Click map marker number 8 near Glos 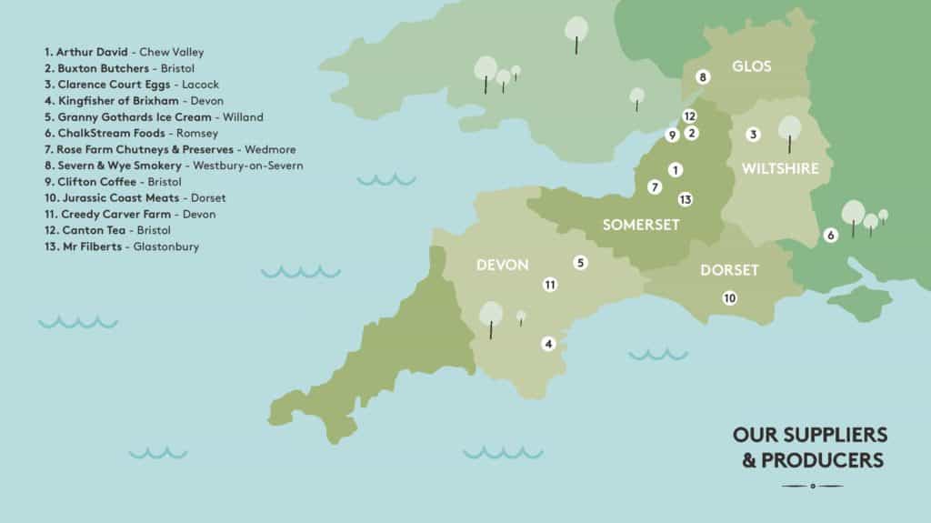(x=702, y=77)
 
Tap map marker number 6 (x=830, y=235)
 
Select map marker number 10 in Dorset (x=728, y=297)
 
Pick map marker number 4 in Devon (x=547, y=343)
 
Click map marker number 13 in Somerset (x=685, y=199)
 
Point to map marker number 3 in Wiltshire (x=753, y=135)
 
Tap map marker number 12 (x=689, y=116)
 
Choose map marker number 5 (x=580, y=263)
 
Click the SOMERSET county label (x=641, y=225)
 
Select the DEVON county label (x=502, y=265)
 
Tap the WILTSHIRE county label (x=780, y=168)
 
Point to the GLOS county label (x=751, y=66)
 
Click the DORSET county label (x=729, y=271)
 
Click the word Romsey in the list (x=197, y=133)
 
